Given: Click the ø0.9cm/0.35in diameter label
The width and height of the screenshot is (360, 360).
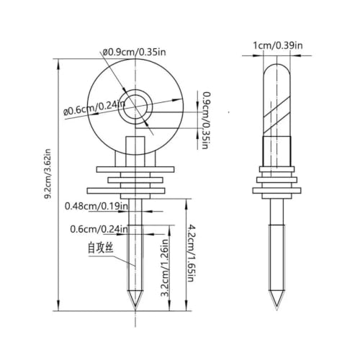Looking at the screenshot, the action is click(x=135, y=52).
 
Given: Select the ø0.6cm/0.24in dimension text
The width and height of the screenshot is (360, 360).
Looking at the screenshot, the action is click(x=94, y=108).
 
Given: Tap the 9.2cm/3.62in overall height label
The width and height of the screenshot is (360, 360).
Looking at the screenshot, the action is click(x=48, y=174).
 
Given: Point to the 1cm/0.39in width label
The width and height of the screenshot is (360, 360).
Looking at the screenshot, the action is click(x=278, y=45).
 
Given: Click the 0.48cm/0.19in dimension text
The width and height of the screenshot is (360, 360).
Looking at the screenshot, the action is click(x=96, y=206).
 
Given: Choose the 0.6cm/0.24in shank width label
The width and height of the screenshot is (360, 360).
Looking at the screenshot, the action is click(x=99, y=229).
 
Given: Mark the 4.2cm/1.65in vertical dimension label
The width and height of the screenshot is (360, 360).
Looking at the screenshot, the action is click(x=190, y=253).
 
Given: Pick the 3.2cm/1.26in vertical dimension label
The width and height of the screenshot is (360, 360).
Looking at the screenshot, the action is click(x=166, y=268).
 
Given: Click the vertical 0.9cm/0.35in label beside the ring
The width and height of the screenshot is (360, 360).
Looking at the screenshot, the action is click(x=204, y=120).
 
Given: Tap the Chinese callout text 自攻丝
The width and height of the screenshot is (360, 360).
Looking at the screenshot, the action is click(x=101, y=248).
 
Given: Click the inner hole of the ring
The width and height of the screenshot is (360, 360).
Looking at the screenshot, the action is click(x=135, y=107).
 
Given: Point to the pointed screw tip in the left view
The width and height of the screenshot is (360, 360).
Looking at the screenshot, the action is click(x=135, y=300).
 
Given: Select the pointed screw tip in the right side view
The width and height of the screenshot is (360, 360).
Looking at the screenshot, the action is click(x=276, y=300).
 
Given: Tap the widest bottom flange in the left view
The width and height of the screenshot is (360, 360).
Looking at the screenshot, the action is click(x=126, y=191).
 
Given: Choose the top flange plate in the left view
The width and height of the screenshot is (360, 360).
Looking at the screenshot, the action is click(x=135, y=169).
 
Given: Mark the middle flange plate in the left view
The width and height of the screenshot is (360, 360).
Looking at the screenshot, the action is click(x=135, y=180).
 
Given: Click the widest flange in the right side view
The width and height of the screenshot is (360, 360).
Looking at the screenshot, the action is click(x=276, y=191).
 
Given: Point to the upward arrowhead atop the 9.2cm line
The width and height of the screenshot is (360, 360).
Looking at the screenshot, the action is click(x=58, y=64).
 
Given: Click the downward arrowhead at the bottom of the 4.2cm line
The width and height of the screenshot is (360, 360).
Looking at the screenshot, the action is click(x=186, y=305).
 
